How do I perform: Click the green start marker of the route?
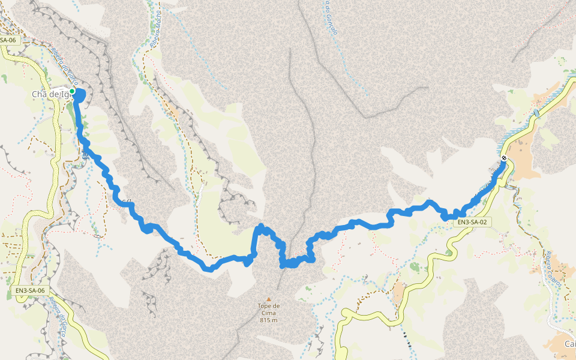click(x=72, y=91)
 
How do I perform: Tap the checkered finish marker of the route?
click(x=504, y=158)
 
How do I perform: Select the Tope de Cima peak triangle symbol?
click(x=269, y=299)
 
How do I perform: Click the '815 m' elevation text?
click(x=269, y=320)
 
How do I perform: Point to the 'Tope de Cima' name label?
click(x=269, y=306)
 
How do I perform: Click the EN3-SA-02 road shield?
click(x=471, y=222)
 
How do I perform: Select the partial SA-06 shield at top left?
click(x=8, y=40)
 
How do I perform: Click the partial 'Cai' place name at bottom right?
click(x=569, y=344)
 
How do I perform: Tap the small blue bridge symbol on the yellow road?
click(x=536, y=113)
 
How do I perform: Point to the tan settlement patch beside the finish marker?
click(x=522, y=162)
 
